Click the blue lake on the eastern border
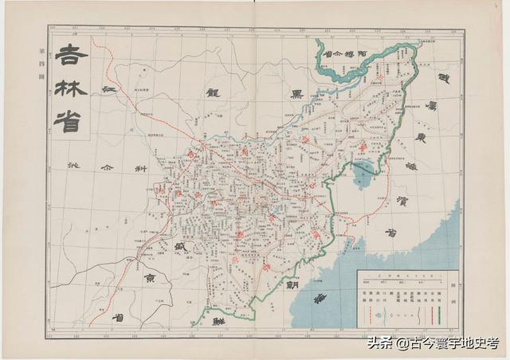coord(363,170)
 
